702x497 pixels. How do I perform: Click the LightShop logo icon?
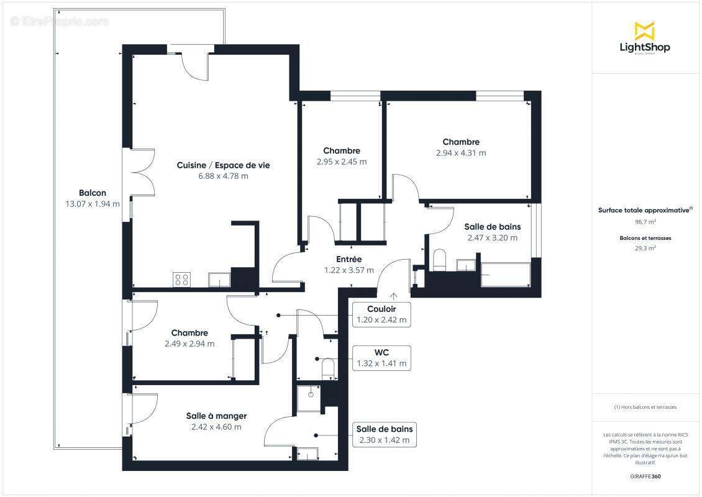(644, 30)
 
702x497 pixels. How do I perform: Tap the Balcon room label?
(93, 193)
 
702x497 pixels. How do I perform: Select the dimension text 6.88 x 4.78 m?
(223, 176)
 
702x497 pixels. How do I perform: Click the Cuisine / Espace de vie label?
(223, 165)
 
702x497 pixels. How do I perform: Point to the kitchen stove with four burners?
(181, 280)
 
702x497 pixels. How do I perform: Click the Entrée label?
(349, 259)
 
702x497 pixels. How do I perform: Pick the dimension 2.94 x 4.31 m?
(461, 153)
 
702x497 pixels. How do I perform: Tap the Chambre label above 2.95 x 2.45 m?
(341, 151)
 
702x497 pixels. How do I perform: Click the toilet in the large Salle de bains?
(440, 260)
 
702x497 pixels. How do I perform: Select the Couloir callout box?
(381, 314)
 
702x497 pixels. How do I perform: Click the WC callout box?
(381, 358)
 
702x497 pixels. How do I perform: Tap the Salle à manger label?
(216, 416)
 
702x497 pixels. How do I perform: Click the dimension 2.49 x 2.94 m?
(189, 344)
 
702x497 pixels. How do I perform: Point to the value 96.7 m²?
(645, 221)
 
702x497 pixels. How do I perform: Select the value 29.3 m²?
(645, 247)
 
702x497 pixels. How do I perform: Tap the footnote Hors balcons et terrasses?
(645, 408)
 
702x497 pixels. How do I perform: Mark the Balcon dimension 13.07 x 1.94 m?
(93, 204)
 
